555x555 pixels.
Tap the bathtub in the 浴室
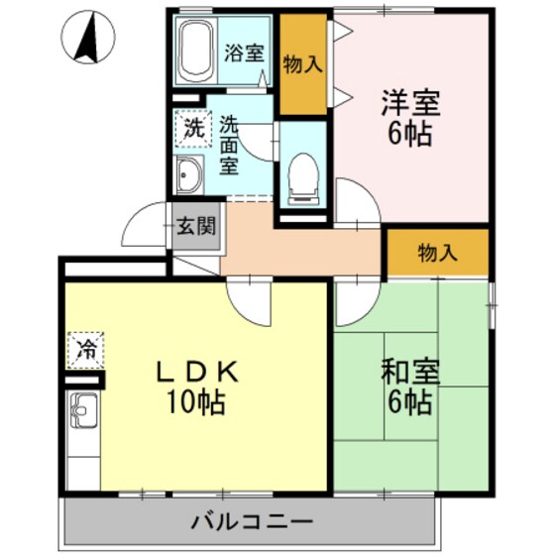click(x=196, y=52)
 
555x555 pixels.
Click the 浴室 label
click(x=243, y=53)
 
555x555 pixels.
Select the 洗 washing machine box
click(x=192, y=128)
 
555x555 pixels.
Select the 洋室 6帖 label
click(x=409, y=117)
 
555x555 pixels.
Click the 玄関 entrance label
click(x=196, y=226)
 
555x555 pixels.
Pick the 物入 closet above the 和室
click(x=437, y=252)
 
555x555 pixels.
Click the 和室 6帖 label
click(x=407, y=387)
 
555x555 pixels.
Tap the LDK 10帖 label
click(x=198, y=387)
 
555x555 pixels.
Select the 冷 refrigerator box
click(x=86, y=348)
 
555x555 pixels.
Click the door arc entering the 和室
click(x=354, y=302)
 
